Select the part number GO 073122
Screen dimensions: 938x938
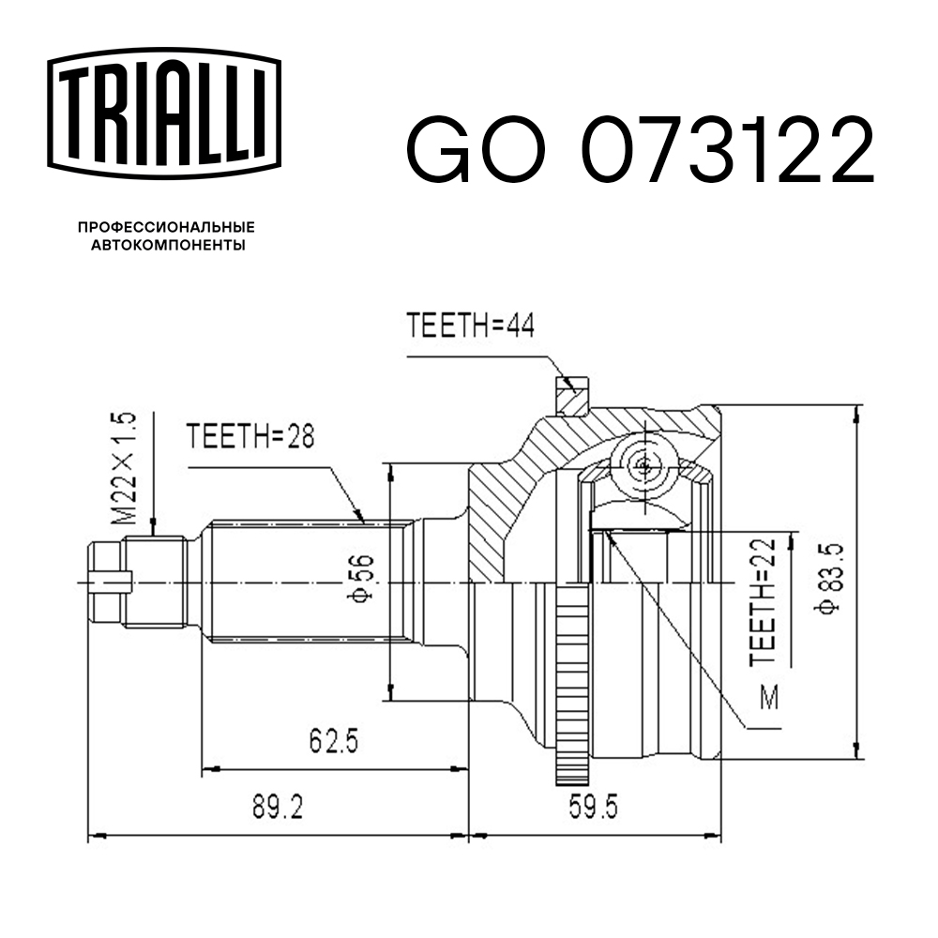click(x=639, y=150)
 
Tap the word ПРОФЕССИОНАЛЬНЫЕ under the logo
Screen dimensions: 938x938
click(x=166, y=228)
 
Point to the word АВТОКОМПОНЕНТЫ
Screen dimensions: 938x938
click(x=166, y=246)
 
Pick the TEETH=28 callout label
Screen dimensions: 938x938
click(x=249, y=436)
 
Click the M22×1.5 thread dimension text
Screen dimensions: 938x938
click(x=123, y=468)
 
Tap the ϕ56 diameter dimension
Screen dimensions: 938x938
click(x=362, y=582)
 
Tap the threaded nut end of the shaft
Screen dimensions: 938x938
click(x=150, y=582)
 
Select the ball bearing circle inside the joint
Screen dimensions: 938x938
click(x=643, y=464)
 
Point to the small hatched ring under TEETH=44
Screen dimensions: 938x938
click(x=572, y=394)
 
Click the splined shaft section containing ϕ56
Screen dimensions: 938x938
click(x=300, y=582)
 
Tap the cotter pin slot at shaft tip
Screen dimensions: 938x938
click(x=108, y=582)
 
